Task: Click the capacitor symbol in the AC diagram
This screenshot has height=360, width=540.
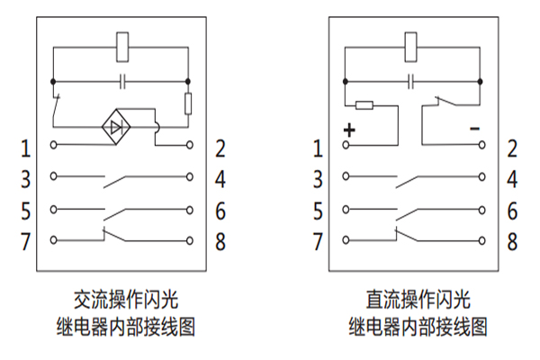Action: (121, 82)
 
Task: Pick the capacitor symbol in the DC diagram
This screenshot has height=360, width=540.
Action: (412, 82)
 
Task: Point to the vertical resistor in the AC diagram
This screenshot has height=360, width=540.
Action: (189, 104)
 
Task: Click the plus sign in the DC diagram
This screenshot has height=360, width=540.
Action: (349, 130)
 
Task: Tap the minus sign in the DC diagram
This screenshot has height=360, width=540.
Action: (474, 130)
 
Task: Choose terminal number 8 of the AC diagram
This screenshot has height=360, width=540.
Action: (220, 241)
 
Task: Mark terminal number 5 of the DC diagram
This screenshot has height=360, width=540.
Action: (318, 211)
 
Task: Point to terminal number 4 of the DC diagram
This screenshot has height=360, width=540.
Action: (512, 178)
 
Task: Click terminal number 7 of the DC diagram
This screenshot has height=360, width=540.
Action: (318, 241)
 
